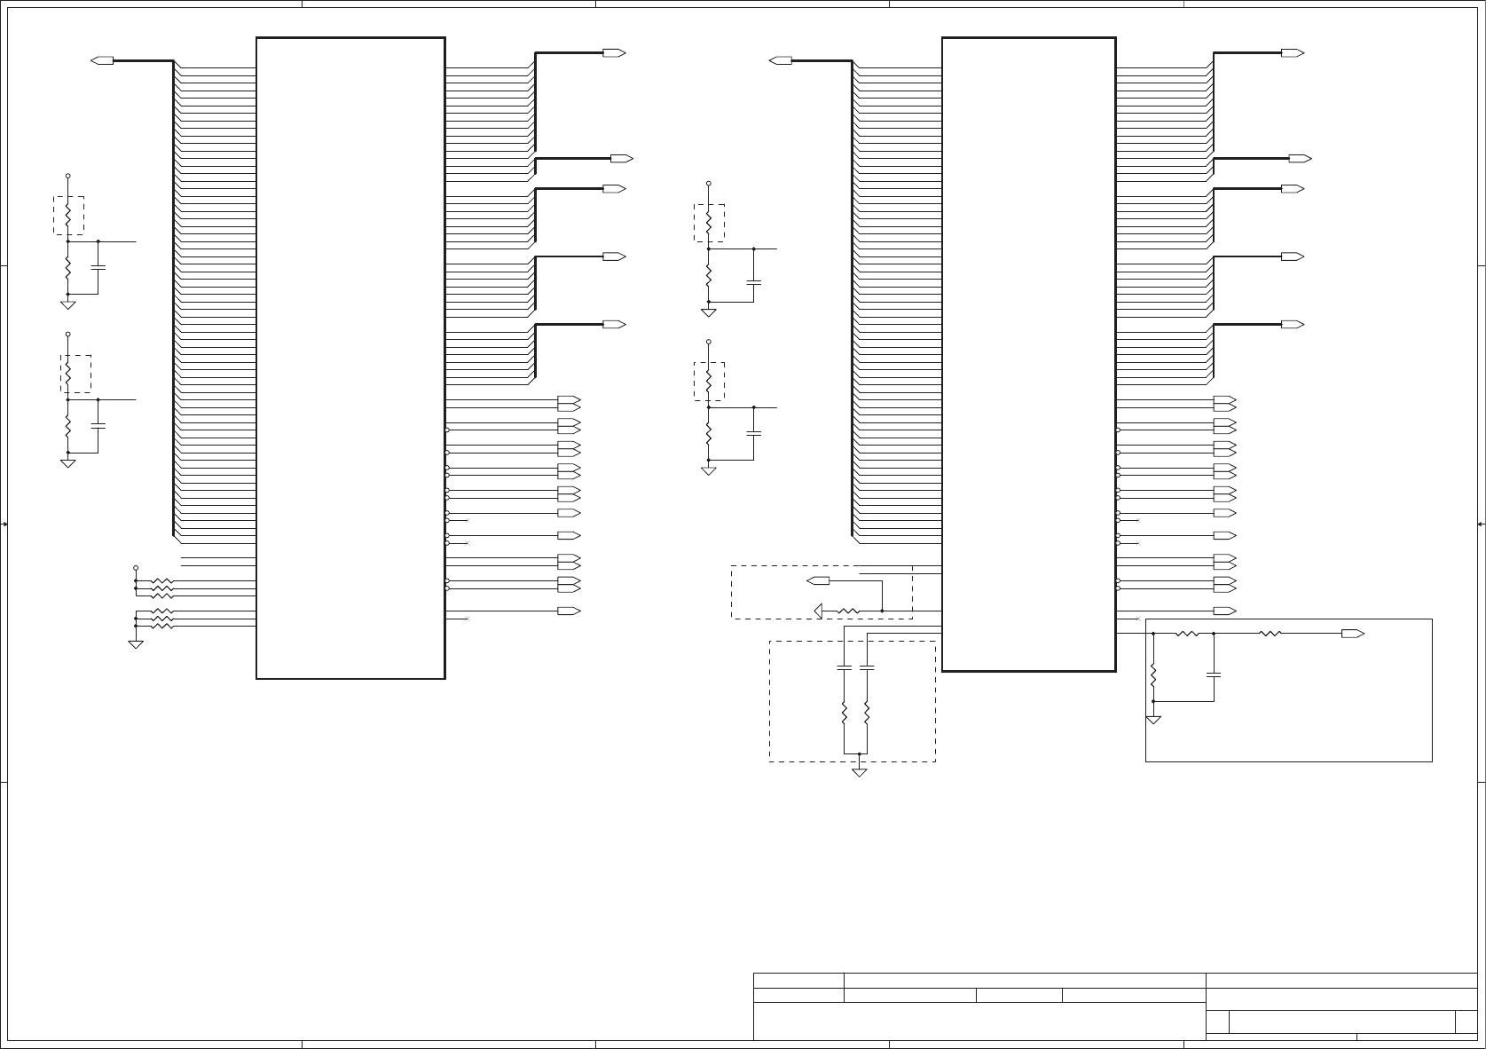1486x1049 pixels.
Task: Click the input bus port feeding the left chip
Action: coord(103,60)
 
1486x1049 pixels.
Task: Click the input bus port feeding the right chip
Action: coord(781,60)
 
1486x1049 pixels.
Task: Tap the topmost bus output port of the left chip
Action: coord(614,53)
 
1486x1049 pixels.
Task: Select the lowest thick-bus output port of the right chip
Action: coord(1292,325)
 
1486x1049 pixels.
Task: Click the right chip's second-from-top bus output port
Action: coord(1300,159)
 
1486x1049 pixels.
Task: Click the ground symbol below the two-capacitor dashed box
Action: coord(859,771)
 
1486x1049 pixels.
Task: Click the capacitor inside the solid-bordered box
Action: coord(1213,674)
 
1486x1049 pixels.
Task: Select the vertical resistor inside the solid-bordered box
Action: coord(1153,676)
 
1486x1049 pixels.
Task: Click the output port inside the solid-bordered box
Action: coord(1352,634)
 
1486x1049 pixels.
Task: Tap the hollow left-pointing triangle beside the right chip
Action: coord(819,611)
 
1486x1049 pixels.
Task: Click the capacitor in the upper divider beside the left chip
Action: coord(98,266)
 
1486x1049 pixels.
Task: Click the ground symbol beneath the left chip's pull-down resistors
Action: coord(136,643)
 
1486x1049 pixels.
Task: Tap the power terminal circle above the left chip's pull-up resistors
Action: coord(136,567)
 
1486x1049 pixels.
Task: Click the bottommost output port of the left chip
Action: coord(568,611)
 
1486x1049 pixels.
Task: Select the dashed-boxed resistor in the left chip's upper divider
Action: coord(68,216)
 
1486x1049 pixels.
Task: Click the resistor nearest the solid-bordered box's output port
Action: coord(1270,634)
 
